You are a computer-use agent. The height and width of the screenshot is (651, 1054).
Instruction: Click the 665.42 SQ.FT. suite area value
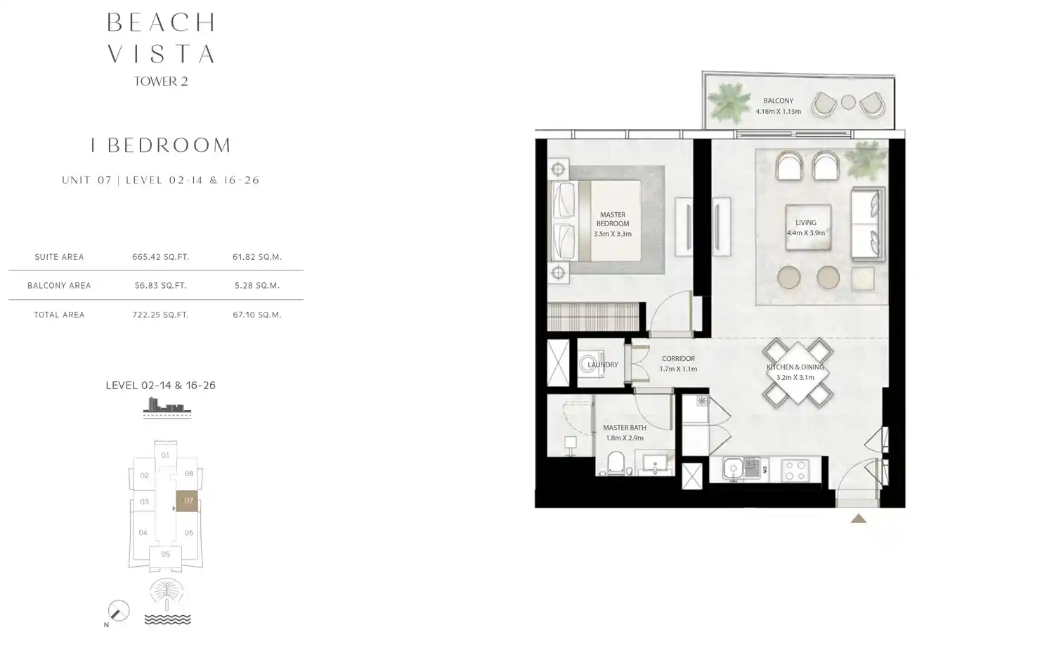[160, 257]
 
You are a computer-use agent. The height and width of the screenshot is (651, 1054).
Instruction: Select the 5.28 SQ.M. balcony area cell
[257, 286]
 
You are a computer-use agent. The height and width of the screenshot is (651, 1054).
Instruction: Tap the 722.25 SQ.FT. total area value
[160, 315]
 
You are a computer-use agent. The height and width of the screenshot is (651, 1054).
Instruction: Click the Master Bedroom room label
[613, 219]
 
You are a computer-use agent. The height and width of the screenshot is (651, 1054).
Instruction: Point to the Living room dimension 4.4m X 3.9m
[806, 233]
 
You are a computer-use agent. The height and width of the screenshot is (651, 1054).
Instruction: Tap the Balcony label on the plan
[778, 101]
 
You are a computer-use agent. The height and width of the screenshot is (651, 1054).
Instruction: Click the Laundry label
[603, 365]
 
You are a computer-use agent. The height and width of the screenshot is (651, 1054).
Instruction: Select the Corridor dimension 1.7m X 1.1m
[678, 369]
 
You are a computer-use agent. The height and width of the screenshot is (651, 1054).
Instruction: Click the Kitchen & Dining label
[795, 367]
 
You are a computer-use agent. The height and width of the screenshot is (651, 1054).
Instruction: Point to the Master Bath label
[625, 428]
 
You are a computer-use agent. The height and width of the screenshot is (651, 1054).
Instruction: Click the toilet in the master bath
[616, 462]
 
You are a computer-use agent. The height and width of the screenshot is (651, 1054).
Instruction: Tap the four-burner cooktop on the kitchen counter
[795, 470]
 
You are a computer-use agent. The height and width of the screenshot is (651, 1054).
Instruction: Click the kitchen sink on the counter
[734, 468]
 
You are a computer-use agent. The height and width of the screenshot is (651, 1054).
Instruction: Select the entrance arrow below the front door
[858, 519]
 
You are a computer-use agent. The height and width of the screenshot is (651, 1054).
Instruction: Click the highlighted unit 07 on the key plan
[188, 501]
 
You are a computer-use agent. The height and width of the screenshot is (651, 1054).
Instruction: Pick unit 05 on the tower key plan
[165, 554]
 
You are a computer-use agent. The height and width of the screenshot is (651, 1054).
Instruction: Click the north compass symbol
[118, 611]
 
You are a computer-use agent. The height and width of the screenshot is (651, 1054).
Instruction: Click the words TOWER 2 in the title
[161, 81]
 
